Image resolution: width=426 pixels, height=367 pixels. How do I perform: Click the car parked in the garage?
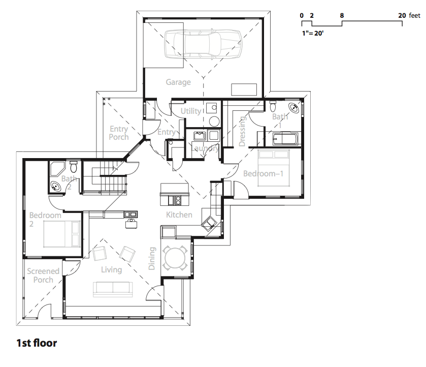pos(203,44)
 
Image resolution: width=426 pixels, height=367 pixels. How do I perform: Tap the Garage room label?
pos(178,82)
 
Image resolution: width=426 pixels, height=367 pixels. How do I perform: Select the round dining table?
pos(175,258)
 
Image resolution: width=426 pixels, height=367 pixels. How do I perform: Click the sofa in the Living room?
pos(113,289)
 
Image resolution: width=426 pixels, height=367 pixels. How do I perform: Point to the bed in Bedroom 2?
pos(61,234)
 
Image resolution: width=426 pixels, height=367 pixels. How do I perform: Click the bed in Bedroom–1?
pos(274,168)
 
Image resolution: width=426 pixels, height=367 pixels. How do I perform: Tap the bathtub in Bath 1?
pos(285,138)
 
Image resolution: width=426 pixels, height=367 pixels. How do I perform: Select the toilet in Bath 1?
pos(273,106)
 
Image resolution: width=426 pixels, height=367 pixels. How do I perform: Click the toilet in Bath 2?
pos(73,167)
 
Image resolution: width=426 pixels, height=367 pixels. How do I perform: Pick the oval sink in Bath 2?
pos(56,187)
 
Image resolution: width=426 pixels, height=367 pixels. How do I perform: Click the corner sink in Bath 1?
pos(293,107)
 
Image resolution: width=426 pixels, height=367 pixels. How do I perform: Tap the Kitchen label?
pos(179,215)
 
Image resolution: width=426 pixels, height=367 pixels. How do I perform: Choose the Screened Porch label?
pos(43,276)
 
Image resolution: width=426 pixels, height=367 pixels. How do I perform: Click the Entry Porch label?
pos(119,133)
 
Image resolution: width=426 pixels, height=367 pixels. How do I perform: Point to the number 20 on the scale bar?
pos(402,16)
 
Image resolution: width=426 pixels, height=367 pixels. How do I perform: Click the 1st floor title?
pos(37,343)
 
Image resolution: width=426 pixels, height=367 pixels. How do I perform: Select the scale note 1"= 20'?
pos(313,33)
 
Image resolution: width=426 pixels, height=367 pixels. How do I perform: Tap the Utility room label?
pos(191,111)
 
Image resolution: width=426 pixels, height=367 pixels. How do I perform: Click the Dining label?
pos(152,258)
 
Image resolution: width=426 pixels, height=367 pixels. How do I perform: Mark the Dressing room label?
pos(242,131)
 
